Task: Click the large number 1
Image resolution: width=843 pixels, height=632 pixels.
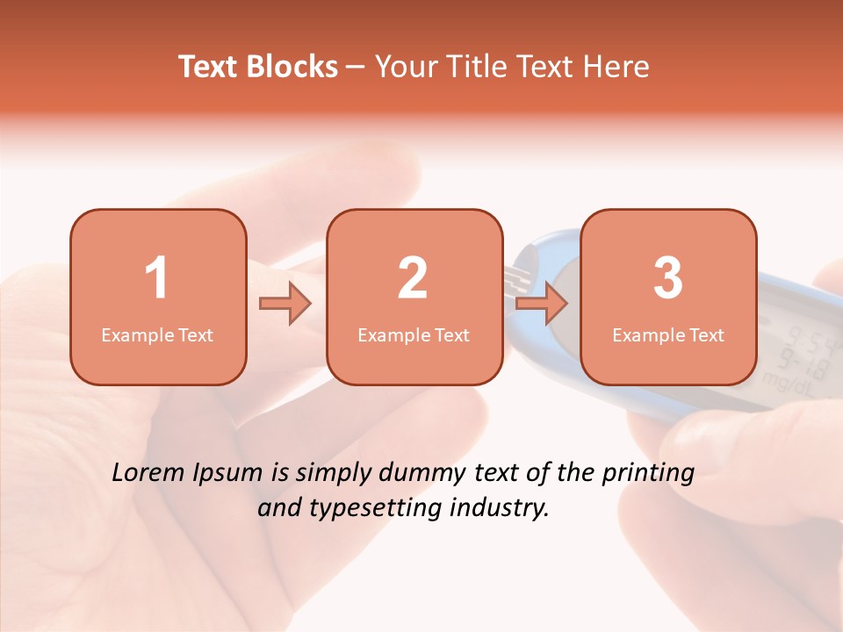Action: click(x=156, y=278)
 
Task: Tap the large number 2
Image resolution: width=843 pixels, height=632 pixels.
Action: click(x=413, y=278)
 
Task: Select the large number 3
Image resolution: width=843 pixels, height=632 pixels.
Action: click(x=668, y=278)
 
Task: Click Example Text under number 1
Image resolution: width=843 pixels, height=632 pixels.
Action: click(x=157, y=335)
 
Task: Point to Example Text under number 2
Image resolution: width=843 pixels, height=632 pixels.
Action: click(x=414, y=335)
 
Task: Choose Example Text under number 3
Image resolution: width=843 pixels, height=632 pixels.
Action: click(x=668, y=335)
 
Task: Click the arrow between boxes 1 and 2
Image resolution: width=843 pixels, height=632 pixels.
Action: click(x=285, y=305)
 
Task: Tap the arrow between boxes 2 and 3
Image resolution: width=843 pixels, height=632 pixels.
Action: click(x=542, y=305)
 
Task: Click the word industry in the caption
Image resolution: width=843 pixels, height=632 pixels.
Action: click(x=501, y=508)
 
